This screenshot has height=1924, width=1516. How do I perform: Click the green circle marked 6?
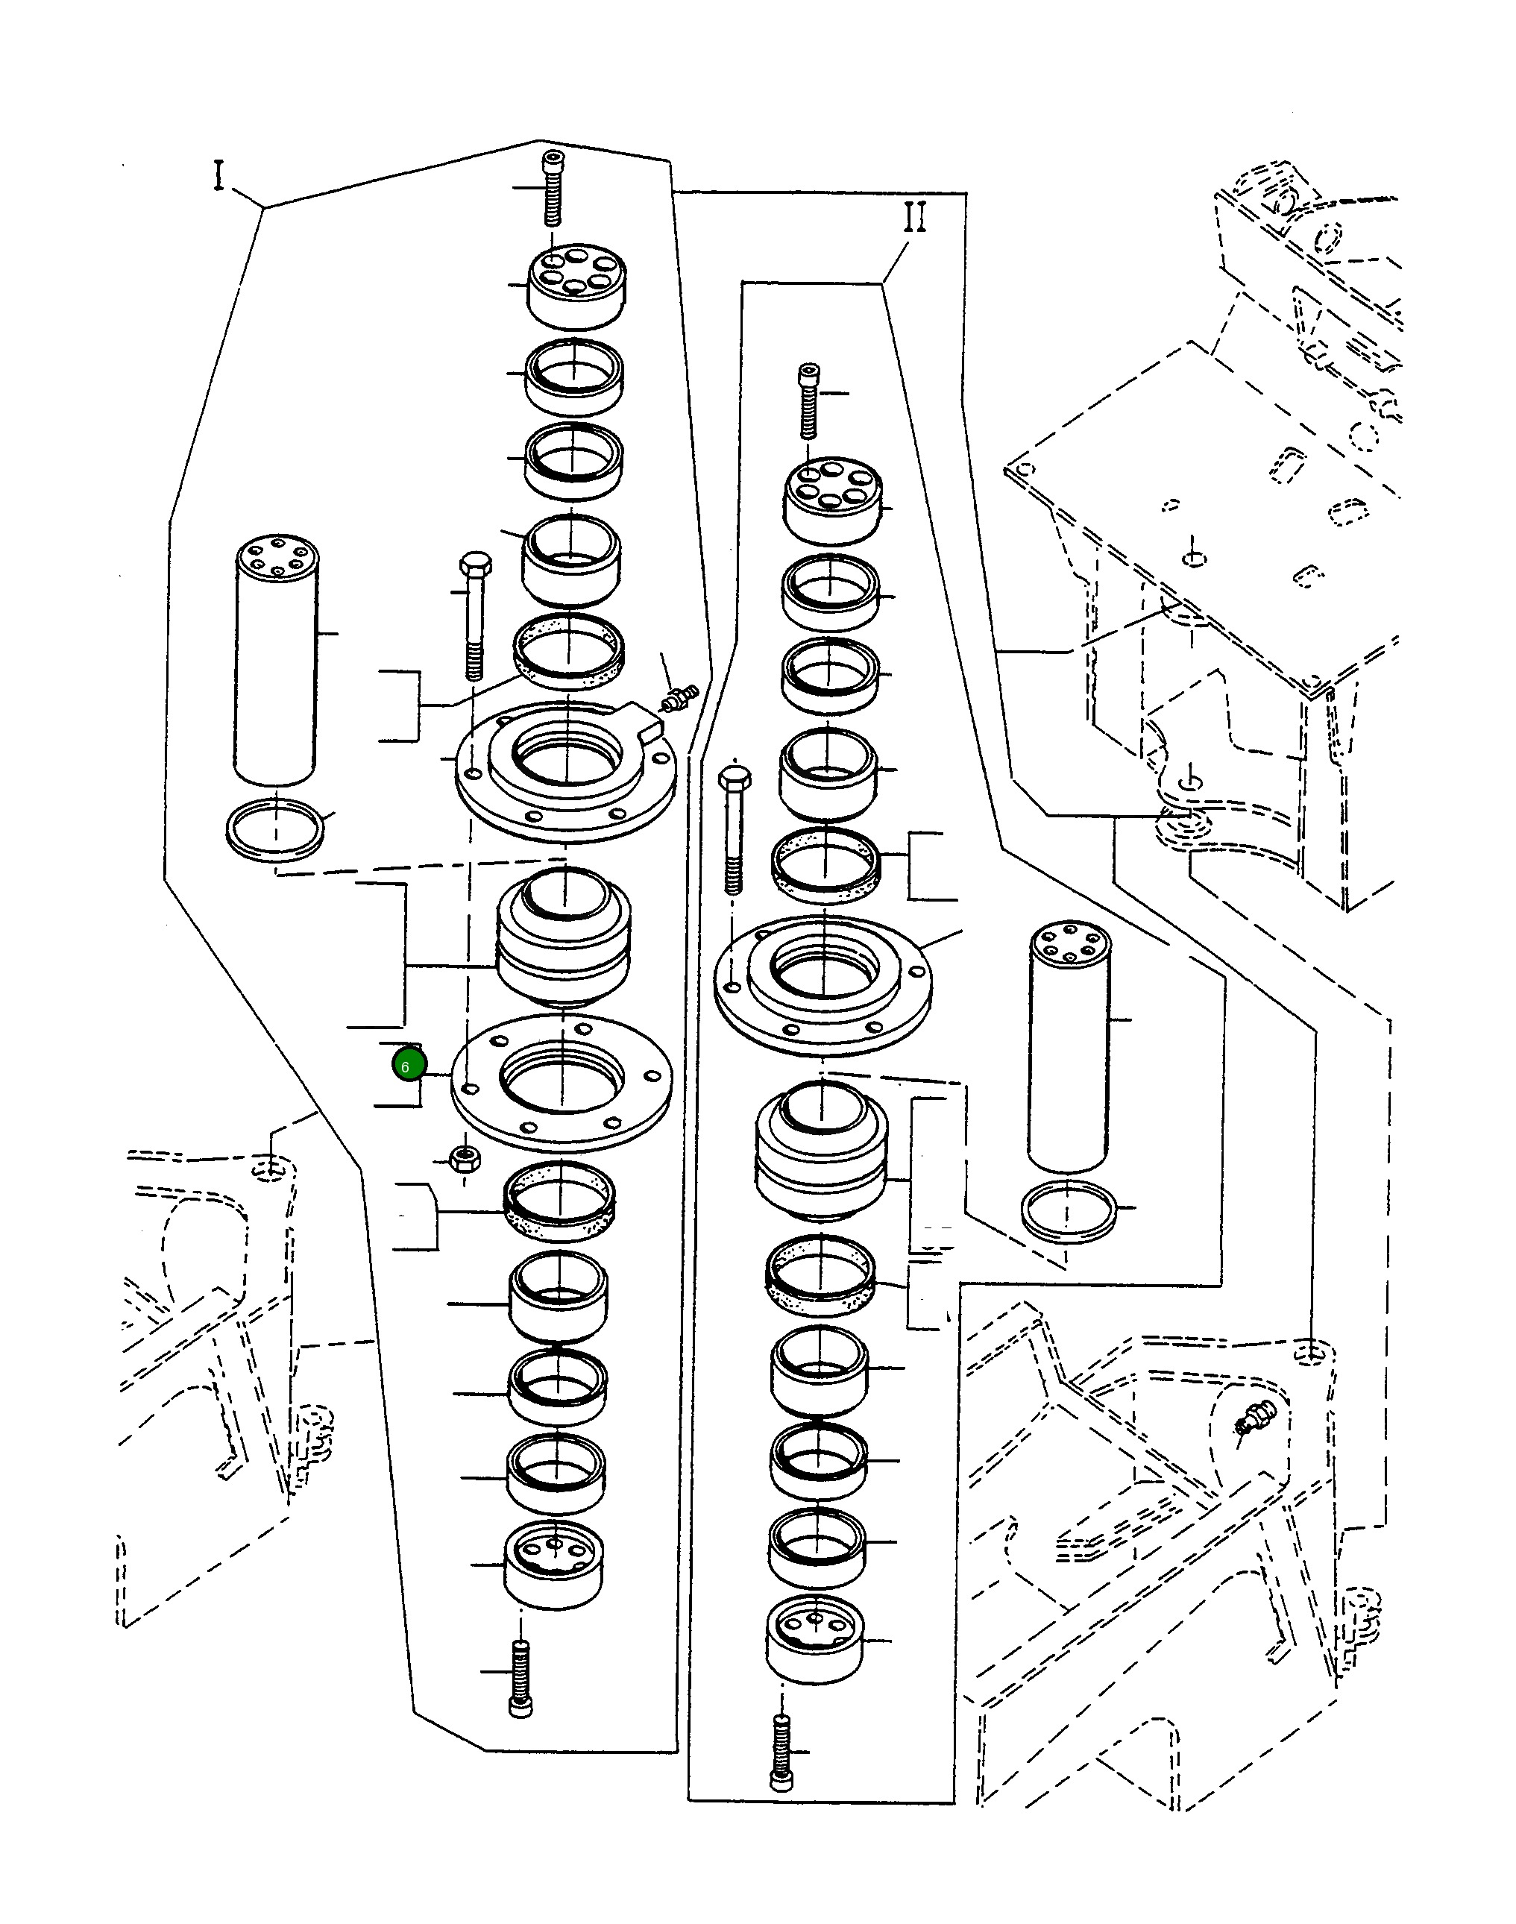pos(409,1066)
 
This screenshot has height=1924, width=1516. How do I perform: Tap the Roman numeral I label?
pos(218,176)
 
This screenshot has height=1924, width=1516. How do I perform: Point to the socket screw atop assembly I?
pos(553,189)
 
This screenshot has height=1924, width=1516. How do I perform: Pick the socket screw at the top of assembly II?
pos(808,400)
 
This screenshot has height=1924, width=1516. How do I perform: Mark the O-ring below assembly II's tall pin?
pos(1069,1211)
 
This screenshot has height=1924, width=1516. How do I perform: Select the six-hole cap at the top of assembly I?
pos(576,286)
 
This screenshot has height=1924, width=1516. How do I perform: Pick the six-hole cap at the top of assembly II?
pos(834,500)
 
